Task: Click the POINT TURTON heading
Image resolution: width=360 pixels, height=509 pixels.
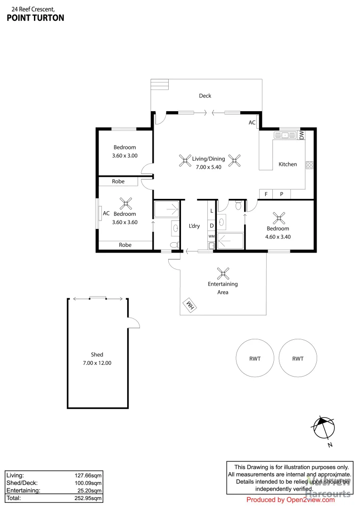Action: (x=35, y=18)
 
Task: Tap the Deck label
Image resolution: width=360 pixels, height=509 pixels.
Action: (x=205, y=96)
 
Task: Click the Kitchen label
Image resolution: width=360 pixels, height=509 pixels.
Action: (x=287, y=164)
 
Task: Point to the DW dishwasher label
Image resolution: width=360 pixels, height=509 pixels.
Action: (x=302, y=135)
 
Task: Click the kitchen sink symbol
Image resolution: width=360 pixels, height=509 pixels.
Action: (x=284, y=135)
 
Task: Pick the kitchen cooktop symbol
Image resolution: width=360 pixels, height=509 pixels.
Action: (x=310, y=165)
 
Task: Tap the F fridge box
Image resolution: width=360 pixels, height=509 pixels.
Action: (x=266, y=194)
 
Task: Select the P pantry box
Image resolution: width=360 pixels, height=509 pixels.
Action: (x=281, y=194)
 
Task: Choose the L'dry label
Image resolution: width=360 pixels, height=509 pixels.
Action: (x=194, y=226)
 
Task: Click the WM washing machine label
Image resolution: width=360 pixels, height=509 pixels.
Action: (x=212, y=236)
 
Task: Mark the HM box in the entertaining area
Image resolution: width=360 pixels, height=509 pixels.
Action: (x=190, y=306)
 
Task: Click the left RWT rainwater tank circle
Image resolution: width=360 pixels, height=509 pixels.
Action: (x=255, y=358)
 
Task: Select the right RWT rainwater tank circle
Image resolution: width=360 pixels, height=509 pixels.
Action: (x=298, y=358)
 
